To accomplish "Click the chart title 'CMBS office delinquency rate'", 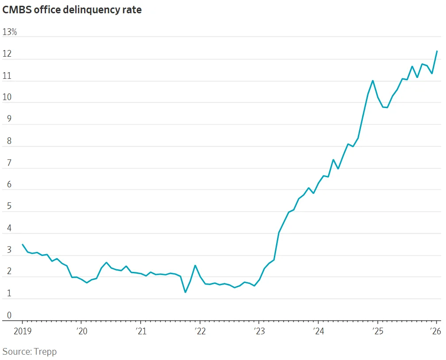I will [x=72, y=10].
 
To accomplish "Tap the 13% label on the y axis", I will [x=10, y=32].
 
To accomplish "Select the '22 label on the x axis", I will [x=200, y=331].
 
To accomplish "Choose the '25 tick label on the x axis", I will [x=377, y=331].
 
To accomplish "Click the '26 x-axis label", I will [x=436, y=331].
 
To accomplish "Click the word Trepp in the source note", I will [x=46, y=352].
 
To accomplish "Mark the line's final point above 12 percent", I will [x=437, y=51].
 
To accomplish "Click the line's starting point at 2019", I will [x=23, y=244].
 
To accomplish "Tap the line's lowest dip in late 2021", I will [x=185, y=292].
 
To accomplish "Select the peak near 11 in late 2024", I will [x=373, y=81].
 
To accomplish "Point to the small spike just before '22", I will [x=195, y=266].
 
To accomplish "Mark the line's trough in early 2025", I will [x=387, y=108].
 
